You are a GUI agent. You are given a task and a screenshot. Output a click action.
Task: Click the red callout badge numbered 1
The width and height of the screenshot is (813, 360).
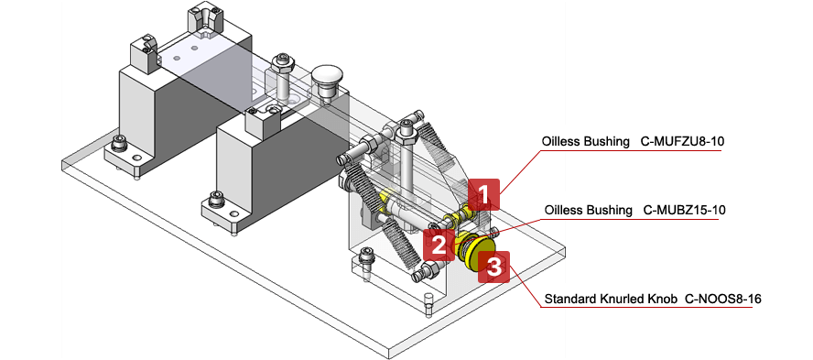(x=484, y=194)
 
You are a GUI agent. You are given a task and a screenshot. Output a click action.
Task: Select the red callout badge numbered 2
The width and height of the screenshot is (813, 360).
(x=439, y=245)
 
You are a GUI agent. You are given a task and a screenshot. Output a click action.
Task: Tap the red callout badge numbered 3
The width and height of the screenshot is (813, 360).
(x=494, y=267)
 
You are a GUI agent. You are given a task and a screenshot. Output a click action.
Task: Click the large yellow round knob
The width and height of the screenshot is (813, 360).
(x=475, y=252)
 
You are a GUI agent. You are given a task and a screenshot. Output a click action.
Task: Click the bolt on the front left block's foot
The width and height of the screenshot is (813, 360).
(x=215, y=199)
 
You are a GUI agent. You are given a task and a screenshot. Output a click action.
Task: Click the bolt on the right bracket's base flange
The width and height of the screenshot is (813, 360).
(x=365, y=259)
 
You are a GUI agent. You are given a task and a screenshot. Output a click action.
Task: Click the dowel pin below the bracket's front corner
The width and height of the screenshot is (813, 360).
(x=428, y=303)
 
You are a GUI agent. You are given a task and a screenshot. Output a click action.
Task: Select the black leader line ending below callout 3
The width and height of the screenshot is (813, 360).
(x=641, y=307)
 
